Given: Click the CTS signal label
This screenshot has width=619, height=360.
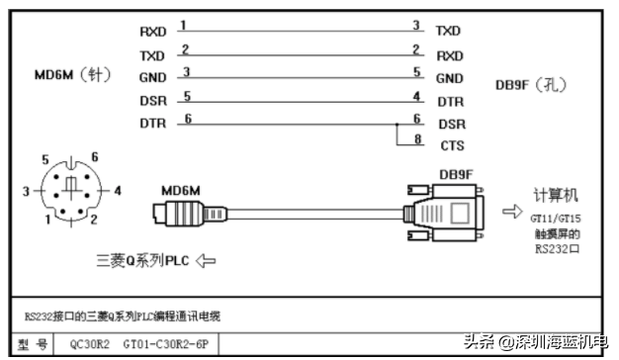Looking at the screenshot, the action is [x=453, y=145].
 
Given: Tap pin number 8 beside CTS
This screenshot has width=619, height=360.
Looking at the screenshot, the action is [x=417, y=138].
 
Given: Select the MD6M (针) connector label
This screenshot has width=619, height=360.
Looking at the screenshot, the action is [x=72, y=74].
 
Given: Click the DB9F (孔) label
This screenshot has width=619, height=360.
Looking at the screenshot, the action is [x=531, y=84].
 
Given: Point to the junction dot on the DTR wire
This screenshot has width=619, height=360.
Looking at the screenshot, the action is [x=398, y=125].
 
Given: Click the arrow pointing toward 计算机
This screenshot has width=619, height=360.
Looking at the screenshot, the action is [x=512, y=212].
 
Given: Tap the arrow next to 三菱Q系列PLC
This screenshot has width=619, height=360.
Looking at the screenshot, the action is [x=206, y=261].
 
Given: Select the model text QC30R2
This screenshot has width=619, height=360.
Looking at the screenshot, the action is [x=90, y=344].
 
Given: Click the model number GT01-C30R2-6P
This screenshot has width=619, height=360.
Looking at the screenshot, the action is [x=166, y=344].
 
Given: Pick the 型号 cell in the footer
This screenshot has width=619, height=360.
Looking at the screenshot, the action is [x=33, y=344].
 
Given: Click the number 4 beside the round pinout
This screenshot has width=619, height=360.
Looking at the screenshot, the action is [x=118, y=191].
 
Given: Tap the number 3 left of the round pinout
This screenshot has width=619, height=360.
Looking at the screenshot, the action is [x=26, y=192].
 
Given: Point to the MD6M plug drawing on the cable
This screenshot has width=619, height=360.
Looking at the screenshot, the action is [x=190, y=214].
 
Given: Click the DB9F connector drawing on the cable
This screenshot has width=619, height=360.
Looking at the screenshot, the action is [x=444, y=213].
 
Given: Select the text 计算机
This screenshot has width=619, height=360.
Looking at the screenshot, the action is [x=556, y=195].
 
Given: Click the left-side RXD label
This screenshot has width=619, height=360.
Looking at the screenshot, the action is [x=153, y=32].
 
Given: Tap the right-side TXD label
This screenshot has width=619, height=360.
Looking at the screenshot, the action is [x=448, y=31].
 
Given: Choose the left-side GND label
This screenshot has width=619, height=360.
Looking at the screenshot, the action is [x=153, y=77].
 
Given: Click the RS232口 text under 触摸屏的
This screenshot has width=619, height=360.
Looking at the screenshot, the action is [x=557, y=248].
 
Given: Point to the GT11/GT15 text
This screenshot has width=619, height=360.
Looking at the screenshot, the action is [x=556, y=219].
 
